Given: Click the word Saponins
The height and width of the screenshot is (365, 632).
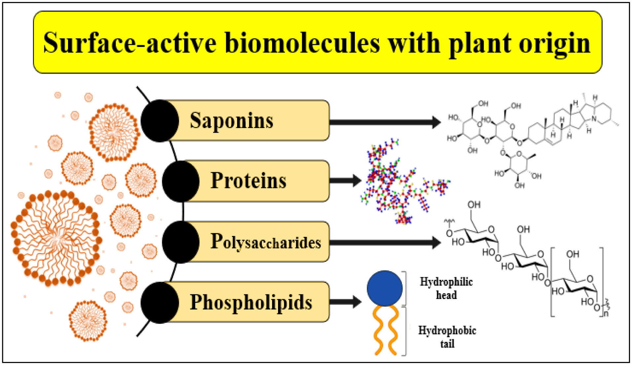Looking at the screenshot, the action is [231, 121].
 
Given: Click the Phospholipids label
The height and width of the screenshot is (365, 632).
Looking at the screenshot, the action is [251, 303].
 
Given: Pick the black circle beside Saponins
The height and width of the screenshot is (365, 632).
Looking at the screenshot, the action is [160, 121].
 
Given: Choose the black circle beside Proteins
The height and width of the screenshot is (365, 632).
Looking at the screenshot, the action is [181, 181].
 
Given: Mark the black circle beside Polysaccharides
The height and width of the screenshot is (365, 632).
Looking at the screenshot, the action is [181, 242].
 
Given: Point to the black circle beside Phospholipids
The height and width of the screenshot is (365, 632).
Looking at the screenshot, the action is [160, 302].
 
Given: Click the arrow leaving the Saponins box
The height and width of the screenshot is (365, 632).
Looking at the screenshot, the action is [385, 122].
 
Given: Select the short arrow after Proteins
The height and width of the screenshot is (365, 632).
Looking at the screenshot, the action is [345, 181].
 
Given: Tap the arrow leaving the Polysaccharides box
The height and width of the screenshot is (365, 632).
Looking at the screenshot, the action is [385, 243].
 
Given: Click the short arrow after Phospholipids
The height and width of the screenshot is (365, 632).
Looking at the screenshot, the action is [345, 302].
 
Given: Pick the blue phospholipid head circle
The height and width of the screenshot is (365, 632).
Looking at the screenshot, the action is [385, 288].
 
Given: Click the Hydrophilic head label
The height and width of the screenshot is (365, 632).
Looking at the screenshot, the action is [446, 288].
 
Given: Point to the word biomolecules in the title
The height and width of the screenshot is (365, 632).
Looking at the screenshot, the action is [302, 43].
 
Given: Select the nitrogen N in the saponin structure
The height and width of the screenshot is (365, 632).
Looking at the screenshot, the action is [594, 118].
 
